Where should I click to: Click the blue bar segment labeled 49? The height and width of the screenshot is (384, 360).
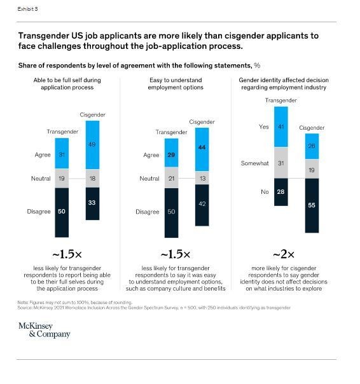tap(93, 146)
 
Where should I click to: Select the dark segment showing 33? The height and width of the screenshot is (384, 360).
tap(93, 203)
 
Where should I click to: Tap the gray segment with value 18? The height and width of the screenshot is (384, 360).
tap(93, 179)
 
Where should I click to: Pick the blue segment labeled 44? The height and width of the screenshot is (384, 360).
tap(202, 147)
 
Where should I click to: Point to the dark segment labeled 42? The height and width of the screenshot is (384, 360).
tap(202, 205)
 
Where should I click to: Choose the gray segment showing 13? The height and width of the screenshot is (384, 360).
tap(202, 179)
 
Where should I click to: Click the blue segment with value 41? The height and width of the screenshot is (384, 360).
tap(280, 127)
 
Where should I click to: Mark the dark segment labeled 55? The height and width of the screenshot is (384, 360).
tap(311, 205)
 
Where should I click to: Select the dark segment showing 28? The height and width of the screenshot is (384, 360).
tap(280, 191)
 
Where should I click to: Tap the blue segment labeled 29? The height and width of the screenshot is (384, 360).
tap(171, 154)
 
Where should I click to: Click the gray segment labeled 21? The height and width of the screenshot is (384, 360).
tap(171, 179)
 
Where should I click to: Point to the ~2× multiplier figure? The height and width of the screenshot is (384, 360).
tap(280, 254)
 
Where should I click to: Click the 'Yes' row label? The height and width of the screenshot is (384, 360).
tap(264, 127)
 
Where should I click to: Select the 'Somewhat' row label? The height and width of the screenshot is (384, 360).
tap(255, 163)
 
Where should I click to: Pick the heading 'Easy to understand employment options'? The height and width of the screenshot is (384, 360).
tap(171, 84)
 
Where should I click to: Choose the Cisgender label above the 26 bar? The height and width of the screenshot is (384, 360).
tap(311, 127)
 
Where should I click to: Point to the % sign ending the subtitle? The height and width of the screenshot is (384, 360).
tap(258, 65)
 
